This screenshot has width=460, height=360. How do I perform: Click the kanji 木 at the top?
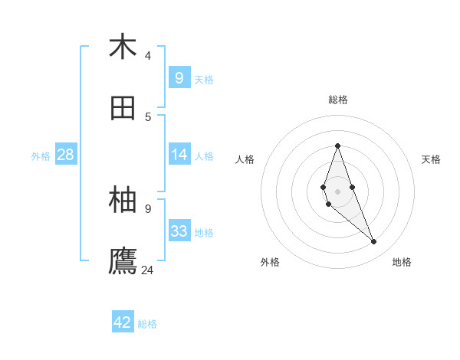(x=123, y=47)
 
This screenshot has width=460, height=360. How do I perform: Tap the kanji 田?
(x=123, y=108)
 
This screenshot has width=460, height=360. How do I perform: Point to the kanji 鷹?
(x=123, y=261)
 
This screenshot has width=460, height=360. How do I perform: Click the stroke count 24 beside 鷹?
(x=148, y=270)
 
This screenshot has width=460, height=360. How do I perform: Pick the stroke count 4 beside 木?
(x=148, y=55)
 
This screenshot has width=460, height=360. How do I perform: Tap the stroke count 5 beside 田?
(x=148, y=116)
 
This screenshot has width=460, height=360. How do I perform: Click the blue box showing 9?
(x=179, y=77)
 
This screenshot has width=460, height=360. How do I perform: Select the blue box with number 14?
(x=179, y=155)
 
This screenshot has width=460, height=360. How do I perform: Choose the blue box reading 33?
(x=179, y=231)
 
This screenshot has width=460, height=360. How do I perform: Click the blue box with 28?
(x=66, y=155)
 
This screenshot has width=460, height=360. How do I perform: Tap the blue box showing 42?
(x=123, y=322)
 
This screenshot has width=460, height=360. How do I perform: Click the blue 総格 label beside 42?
(x=147, y=324)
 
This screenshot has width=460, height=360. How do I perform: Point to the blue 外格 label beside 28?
(x=41, y=156)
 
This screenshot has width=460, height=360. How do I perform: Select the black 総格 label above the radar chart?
(x=338, y=100)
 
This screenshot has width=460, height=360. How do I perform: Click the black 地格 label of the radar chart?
(x=402, y=262)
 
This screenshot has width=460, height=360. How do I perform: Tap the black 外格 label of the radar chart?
(x=270, y=262)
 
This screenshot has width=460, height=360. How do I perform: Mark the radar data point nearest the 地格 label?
(x=373, y=241)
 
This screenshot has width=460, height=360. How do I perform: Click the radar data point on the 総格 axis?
(x=337, y=146)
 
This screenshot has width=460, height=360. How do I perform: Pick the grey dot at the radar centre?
(x=337, y=191)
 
